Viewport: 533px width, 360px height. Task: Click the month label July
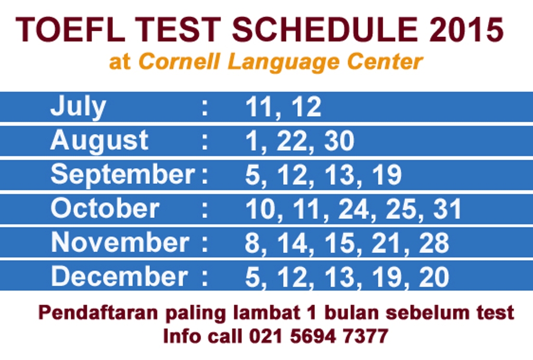tap(78, 108)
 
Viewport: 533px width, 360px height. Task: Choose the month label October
tap(105, 209)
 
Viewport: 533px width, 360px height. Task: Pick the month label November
tap(119, 242)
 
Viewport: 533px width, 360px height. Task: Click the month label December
tap(119, 276)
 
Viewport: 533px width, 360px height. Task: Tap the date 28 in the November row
tap(434, 243)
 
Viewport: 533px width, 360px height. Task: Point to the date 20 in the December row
tap(434, 277)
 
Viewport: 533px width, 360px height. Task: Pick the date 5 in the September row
tap(252, 175)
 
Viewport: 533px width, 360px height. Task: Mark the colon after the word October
tap(205, 209)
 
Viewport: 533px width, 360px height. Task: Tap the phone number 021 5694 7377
tap(319, 336)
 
